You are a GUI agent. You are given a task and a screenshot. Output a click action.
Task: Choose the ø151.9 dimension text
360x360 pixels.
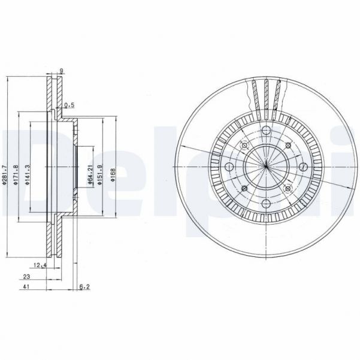tap(102, 173)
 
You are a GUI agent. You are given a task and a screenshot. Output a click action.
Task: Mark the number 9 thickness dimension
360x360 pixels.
tap(61, 70)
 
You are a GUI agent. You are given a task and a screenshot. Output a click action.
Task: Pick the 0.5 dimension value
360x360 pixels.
tap(69, 104)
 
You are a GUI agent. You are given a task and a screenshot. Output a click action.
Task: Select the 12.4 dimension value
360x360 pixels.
tap(40, 265)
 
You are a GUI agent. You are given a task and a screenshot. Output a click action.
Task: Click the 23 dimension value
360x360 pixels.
tap(27, 276)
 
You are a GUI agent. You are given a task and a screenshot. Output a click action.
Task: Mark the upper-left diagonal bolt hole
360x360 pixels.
tap(244, 145)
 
